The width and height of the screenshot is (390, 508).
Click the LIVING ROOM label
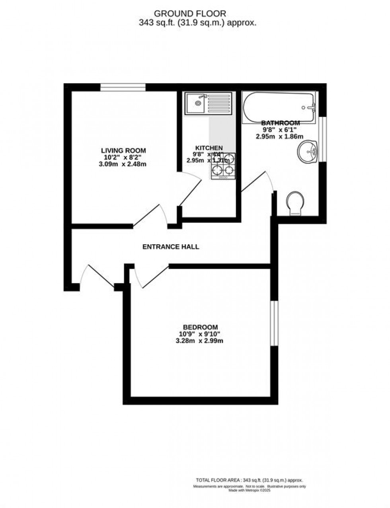click(x=123, y=151)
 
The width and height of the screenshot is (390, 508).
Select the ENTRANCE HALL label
click(x=171, y=247)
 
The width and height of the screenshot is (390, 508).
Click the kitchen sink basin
click(x=197, y=103)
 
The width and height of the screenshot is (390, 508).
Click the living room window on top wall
click(x=123, y=87)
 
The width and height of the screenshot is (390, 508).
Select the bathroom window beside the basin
click(x=324, y=139)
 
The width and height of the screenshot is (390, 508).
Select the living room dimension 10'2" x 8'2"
click(x=123, y=158)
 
